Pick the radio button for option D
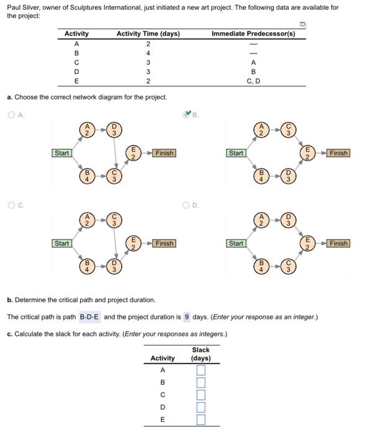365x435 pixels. click(x=186, y=204)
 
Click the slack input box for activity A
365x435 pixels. click(x=201, y=370)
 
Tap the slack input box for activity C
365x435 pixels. click(x=201, y=395)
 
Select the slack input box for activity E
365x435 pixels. click(x=201, y=419)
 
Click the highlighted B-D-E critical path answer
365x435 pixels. click(x=90, y=317)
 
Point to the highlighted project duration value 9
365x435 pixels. click(x=187, y=317)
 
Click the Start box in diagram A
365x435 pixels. click(x=62, y=153)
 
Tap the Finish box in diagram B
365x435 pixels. click(x=339, y=153)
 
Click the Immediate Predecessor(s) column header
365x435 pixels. click(x=253, y=34)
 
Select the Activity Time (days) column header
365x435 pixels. click(x=148, y=34)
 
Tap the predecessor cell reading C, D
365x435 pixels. click(x=253, y=81)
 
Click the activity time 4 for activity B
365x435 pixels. click(x=148, y=53)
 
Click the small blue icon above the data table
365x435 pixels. click(x=302, y=24)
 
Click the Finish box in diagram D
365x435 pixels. click(x=339, y=244)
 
